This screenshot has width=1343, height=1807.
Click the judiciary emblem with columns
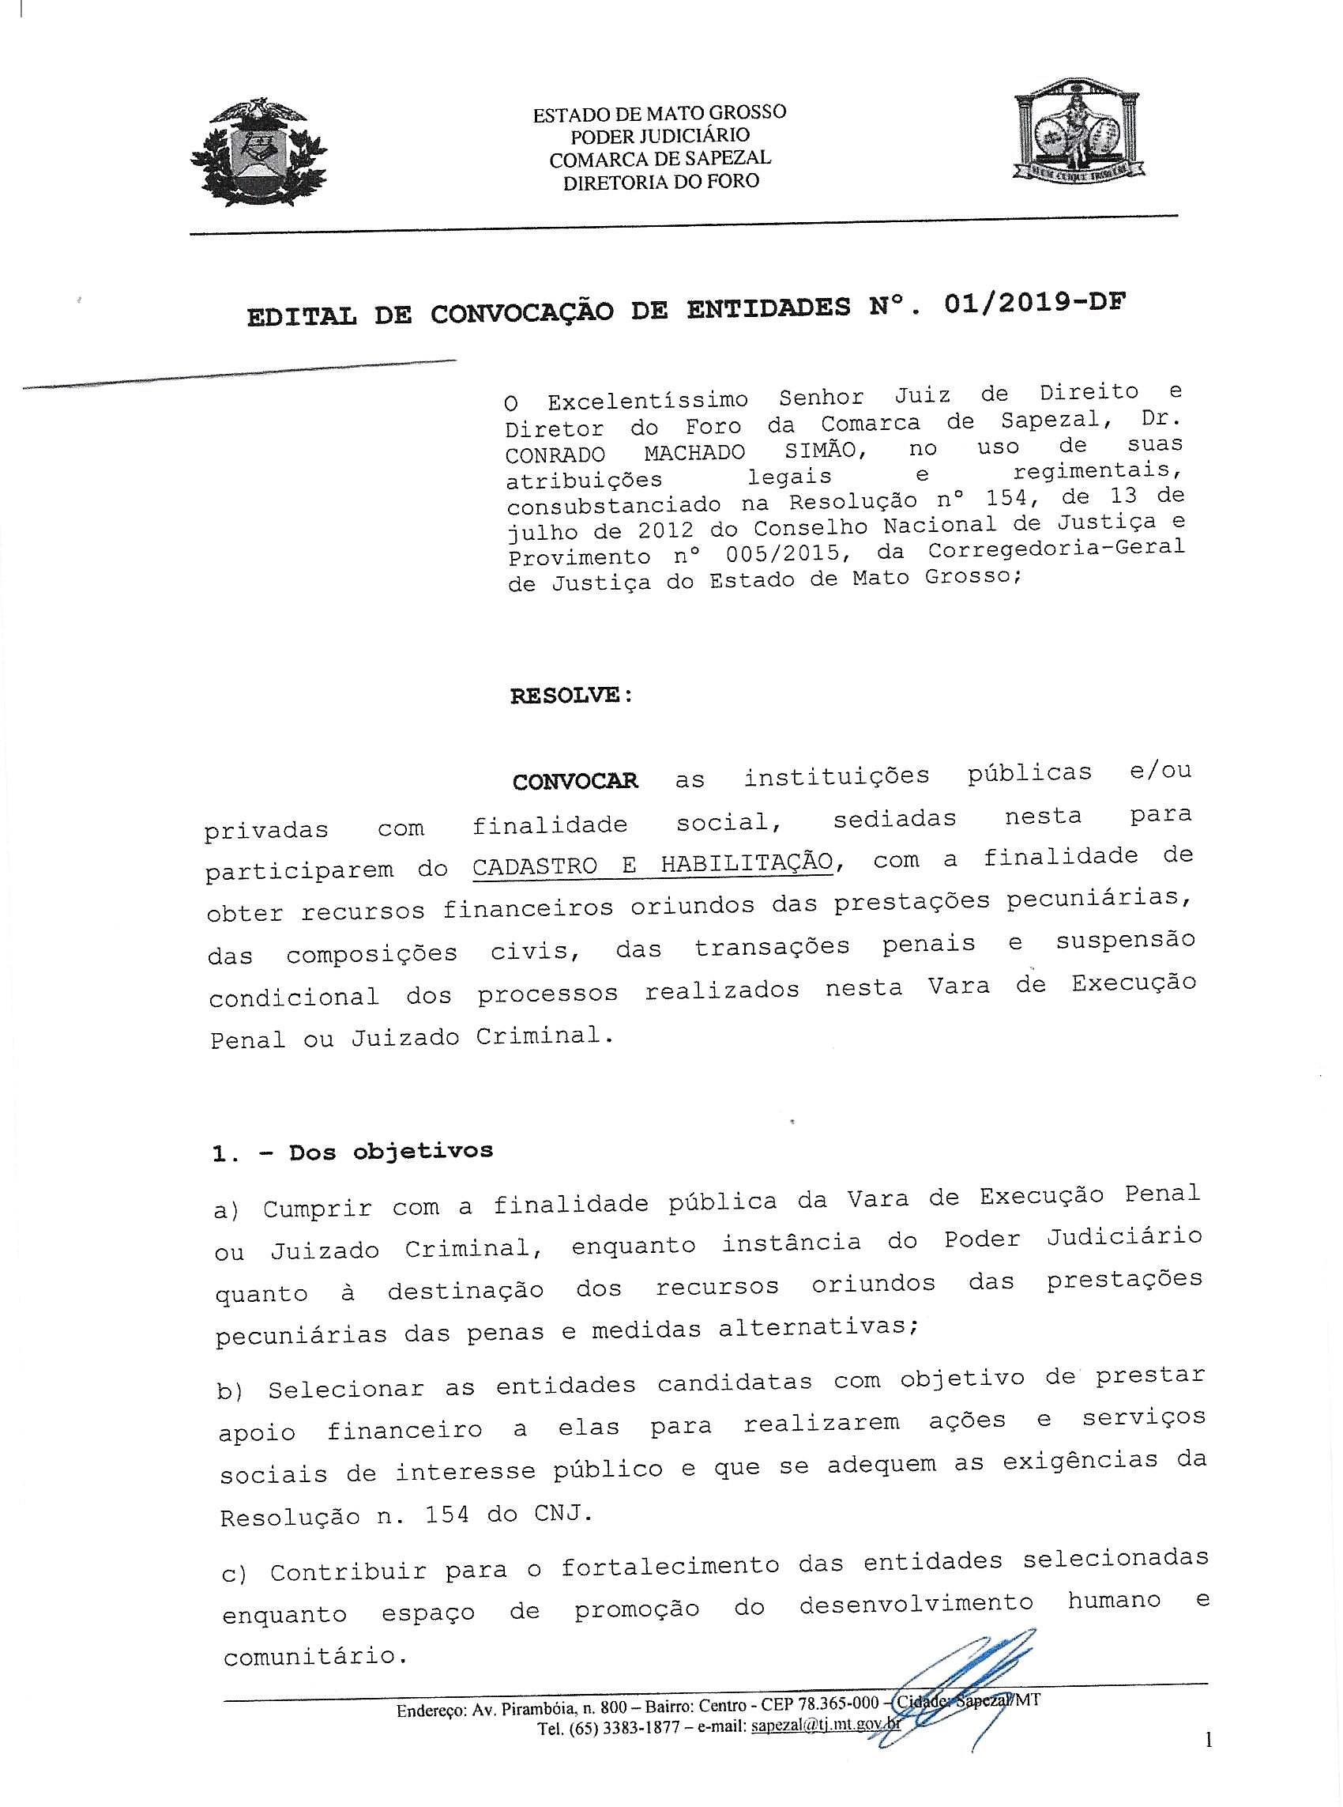point(1078,134)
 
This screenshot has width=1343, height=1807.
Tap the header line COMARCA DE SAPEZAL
point(660,159)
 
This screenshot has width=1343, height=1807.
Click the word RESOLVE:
point(570,696)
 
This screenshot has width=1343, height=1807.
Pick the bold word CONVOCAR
point(575,782)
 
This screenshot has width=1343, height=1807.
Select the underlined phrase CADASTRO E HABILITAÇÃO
point(653,864)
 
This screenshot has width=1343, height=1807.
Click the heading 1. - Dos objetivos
point(352,1152)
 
